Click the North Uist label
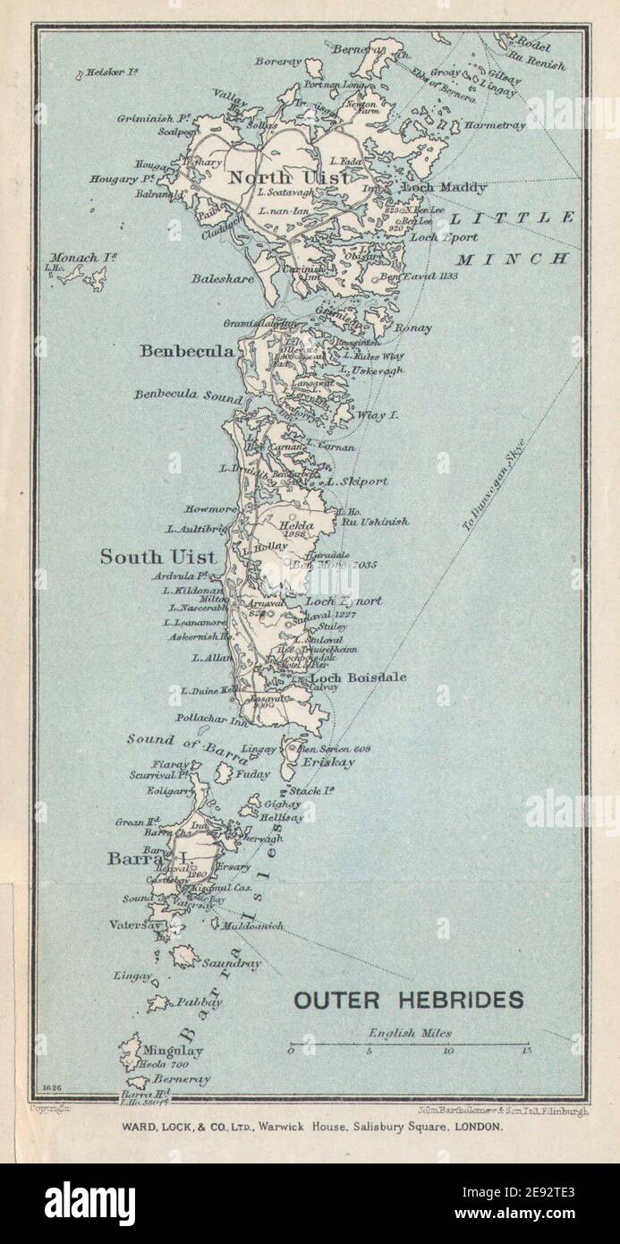point(276,178)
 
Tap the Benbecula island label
point(187,351)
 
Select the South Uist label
point(157,557)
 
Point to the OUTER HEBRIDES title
point(409,1000)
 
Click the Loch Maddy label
point(445,188)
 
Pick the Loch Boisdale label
point(358,677)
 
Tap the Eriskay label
point(327,763)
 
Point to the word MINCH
point(514,259)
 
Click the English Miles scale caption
point(404,1033)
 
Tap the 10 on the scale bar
point(448,1051)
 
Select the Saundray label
point(232,964)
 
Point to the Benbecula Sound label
point(188,395)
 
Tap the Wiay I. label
point(377,415)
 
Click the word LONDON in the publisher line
point(480,1127)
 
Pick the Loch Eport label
point(444,238)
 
